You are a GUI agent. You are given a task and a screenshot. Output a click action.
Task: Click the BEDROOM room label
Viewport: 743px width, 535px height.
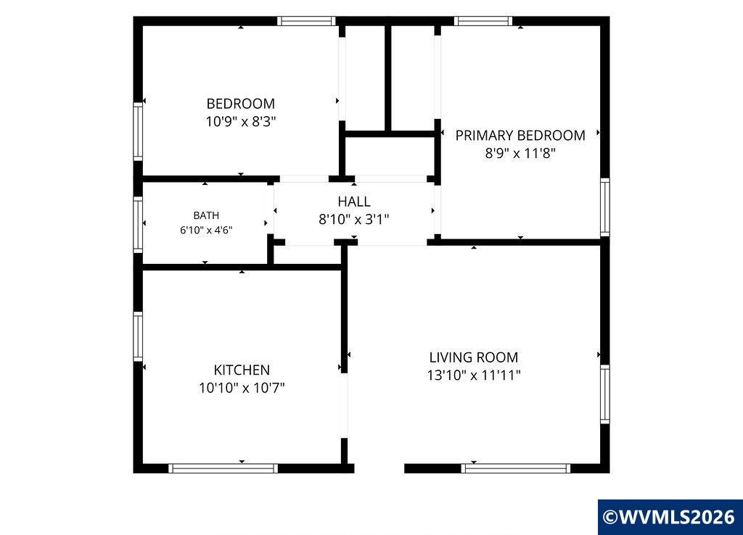[240, 104]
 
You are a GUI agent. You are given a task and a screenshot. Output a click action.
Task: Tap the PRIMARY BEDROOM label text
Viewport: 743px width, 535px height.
[520, 136]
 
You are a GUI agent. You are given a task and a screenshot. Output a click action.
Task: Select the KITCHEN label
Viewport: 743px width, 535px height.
[242, 370]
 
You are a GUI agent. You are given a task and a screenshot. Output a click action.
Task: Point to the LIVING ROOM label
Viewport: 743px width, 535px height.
[473, 357]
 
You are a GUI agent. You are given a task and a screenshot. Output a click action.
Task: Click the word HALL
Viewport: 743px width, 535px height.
[354, 202]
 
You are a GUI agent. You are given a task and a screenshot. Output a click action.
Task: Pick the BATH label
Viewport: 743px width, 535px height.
[206, 215]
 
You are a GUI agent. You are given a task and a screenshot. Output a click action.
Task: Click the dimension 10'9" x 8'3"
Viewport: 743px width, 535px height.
[241, 122]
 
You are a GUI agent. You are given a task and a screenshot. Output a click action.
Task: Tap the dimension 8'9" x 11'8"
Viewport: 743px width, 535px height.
[520, 154]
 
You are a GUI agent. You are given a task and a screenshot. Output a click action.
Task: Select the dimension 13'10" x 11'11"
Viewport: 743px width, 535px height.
[474, 376]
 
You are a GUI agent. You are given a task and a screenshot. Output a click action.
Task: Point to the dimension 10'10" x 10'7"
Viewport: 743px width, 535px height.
[242, 389]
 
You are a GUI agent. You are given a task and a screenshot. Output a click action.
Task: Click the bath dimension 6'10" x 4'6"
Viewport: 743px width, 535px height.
[206, 231]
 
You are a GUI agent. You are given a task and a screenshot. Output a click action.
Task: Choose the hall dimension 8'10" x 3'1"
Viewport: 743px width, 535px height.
[354, 220]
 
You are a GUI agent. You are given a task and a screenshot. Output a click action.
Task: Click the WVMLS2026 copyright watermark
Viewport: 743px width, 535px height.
[670, 517]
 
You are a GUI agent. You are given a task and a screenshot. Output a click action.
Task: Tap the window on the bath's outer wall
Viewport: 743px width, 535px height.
[138, 225]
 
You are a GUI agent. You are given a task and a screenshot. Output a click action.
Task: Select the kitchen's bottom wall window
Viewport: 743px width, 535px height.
[223, 468]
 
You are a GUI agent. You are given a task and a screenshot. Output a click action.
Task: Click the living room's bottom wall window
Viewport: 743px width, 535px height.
[516, 468]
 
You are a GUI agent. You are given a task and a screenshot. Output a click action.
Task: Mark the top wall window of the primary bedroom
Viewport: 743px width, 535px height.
[483, 21]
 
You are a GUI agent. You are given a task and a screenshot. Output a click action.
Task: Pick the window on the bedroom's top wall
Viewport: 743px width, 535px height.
[306, 21]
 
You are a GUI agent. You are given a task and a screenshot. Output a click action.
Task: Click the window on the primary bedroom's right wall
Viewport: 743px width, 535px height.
[605, 207]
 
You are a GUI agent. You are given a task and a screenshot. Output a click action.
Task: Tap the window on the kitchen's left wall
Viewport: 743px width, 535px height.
[138, 336]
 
